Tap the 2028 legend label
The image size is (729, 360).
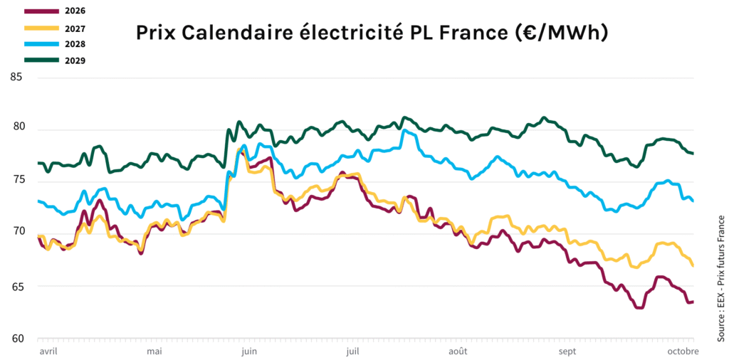75,44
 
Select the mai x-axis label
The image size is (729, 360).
154,351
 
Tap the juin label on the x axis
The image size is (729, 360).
249,351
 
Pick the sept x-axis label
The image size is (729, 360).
567,351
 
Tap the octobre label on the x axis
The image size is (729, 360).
682,351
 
